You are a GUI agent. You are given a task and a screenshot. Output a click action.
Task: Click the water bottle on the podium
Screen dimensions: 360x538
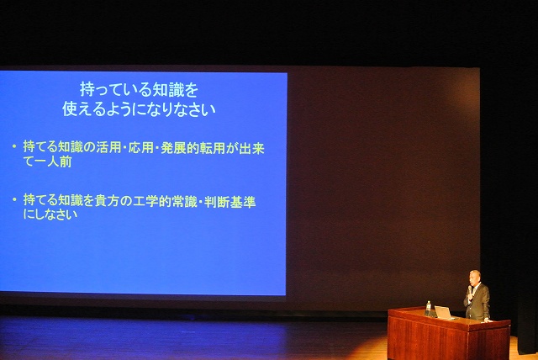[x=428, y=308]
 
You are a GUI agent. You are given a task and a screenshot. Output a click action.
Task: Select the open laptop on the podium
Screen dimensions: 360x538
[x=443, y=313]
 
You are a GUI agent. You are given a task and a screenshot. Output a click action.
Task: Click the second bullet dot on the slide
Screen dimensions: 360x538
[x=14, y=199]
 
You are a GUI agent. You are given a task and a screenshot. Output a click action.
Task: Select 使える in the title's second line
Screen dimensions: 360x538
[x=82, y=109]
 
